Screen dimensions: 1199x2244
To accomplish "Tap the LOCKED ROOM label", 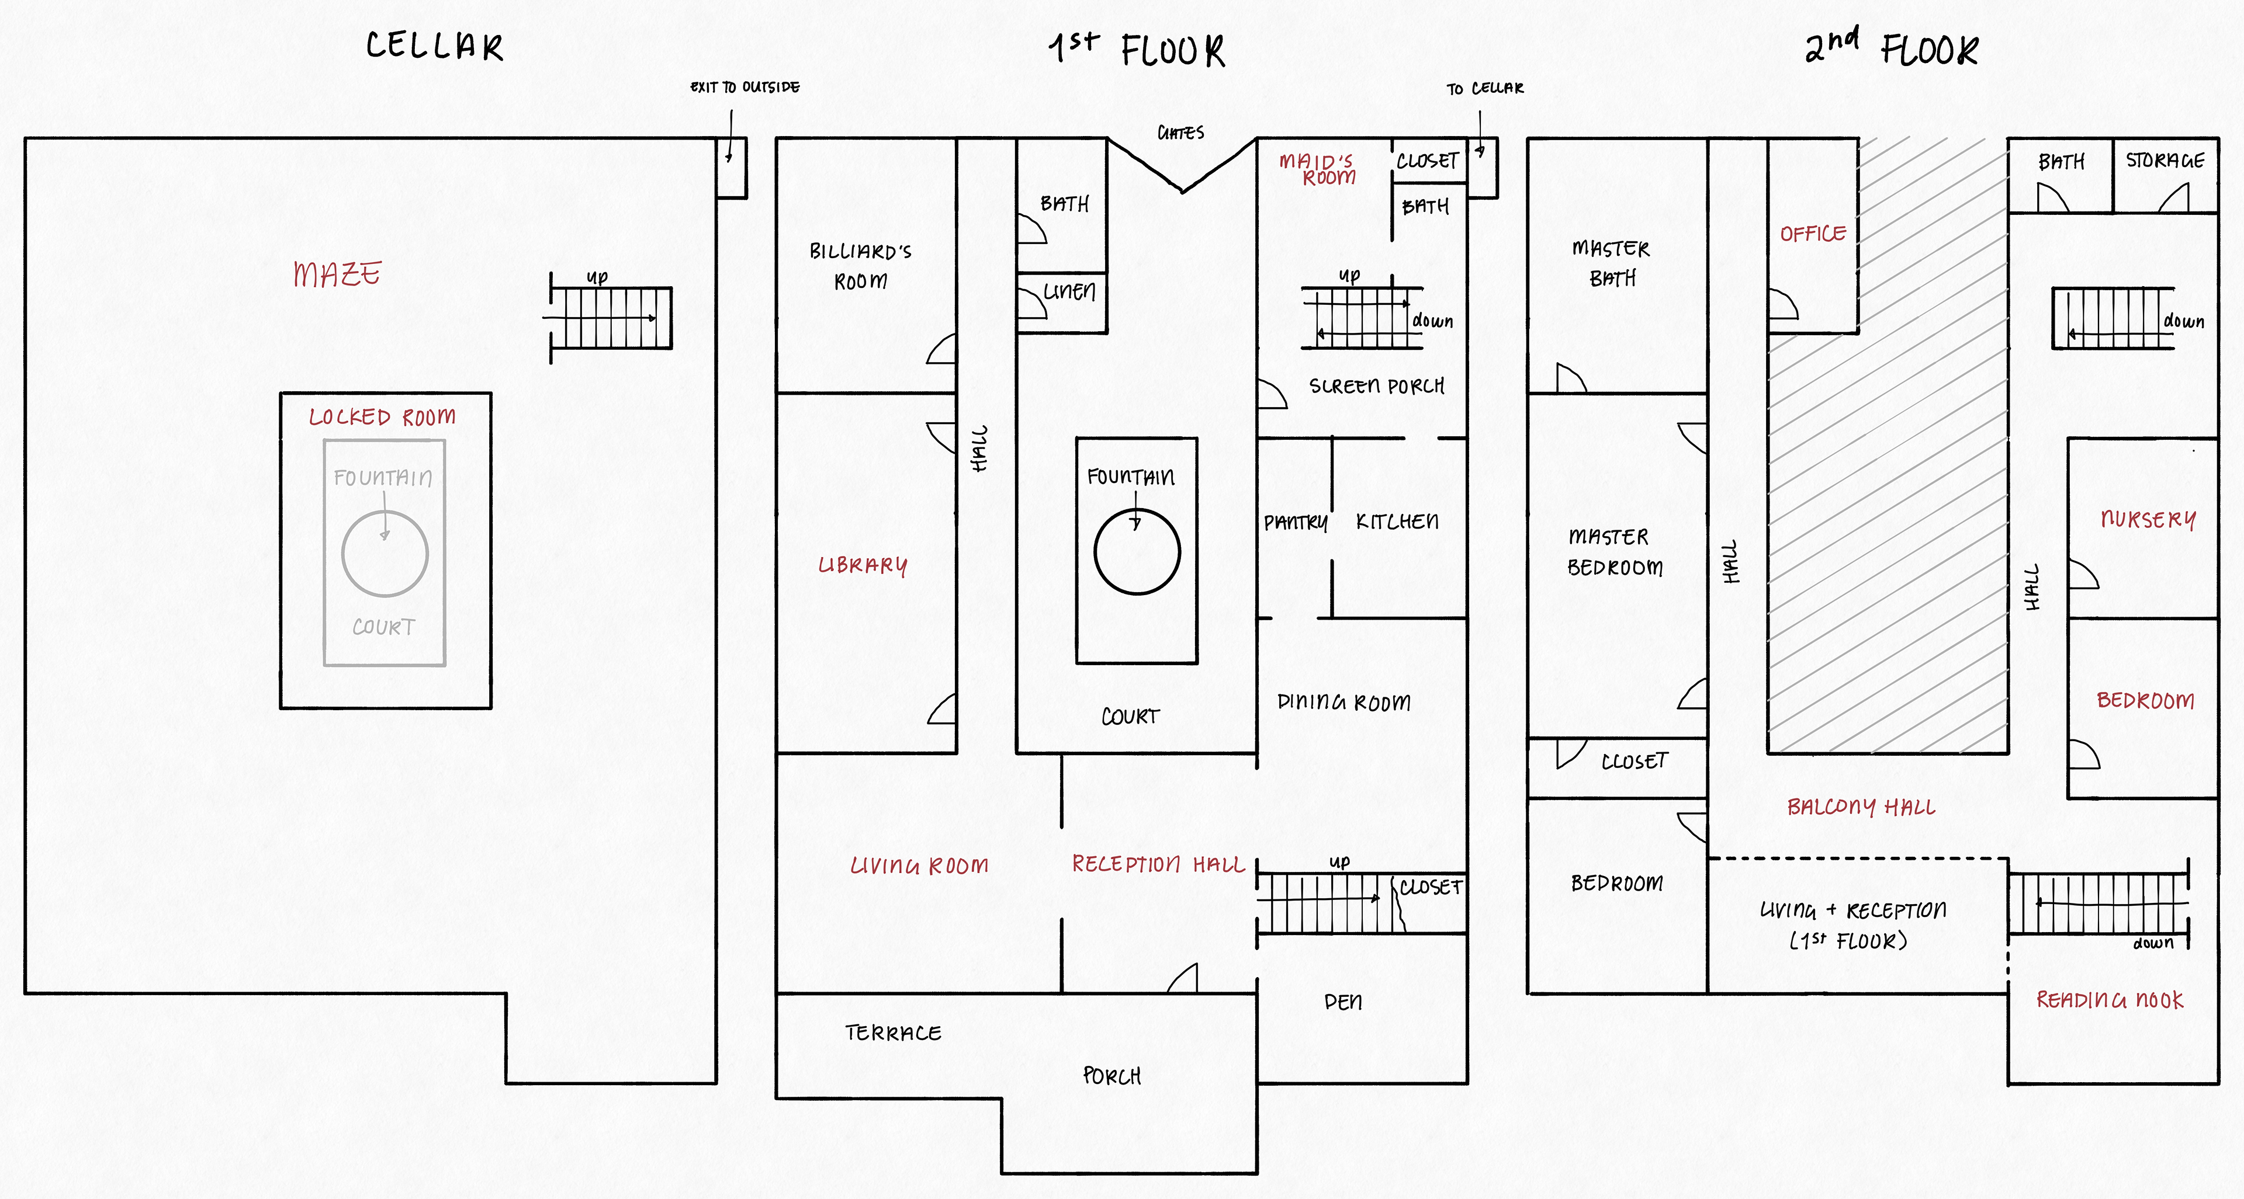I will point(382,417).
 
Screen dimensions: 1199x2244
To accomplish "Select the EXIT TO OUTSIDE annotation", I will point(745,87).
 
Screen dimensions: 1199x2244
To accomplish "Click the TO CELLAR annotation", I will point(1485,89).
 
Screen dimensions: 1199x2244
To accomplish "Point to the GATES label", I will point(1180,133).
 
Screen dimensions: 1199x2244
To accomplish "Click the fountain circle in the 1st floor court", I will point(1137,552).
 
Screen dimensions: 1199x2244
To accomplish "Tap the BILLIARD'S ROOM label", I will point(861,266).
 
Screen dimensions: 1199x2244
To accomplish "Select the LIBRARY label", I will point(863,565).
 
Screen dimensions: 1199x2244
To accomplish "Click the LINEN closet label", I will point(1070,291).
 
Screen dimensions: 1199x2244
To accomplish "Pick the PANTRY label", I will point(1296,523).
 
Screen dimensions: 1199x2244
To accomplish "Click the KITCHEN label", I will point(1397,522).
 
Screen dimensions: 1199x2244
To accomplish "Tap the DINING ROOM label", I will point(1343,702).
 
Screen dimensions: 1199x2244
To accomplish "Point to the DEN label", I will point(1342,1002).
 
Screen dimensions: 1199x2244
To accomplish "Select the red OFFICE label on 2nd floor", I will point(1813,234).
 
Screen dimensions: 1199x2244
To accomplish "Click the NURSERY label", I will point(2148,520).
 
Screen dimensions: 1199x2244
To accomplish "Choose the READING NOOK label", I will point(2110,1000).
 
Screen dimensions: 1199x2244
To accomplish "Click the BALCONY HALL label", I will point(1861,807).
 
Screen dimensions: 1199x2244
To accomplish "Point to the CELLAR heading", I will point(434,46).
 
